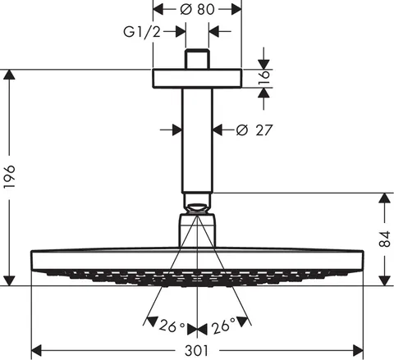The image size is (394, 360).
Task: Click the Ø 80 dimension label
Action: (x=197, y=9)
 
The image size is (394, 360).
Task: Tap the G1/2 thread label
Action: (x=142, y=32)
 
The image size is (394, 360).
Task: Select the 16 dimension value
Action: (x=264, y=78)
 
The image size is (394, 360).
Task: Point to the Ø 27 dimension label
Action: (x=254, y=130)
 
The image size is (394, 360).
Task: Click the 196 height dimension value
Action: (x=10, y=176)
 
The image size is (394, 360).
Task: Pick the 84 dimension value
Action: (x=384, y=239)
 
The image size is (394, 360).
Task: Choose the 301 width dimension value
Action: (x=196, y=351)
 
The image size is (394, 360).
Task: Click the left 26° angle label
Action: (x=172, y=326)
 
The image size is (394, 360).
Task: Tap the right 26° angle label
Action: (x=223, y=326)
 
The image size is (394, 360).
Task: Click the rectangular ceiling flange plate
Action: (x=197, y=79)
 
